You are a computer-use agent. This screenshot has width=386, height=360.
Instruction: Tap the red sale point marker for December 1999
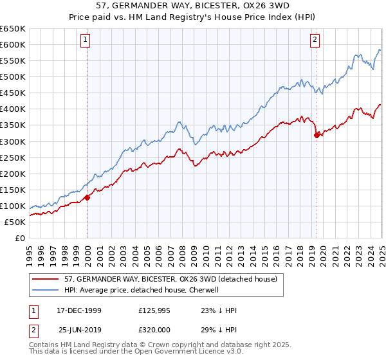coord(87,197)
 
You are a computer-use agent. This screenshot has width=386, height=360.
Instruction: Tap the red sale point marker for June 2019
coord(317,134)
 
